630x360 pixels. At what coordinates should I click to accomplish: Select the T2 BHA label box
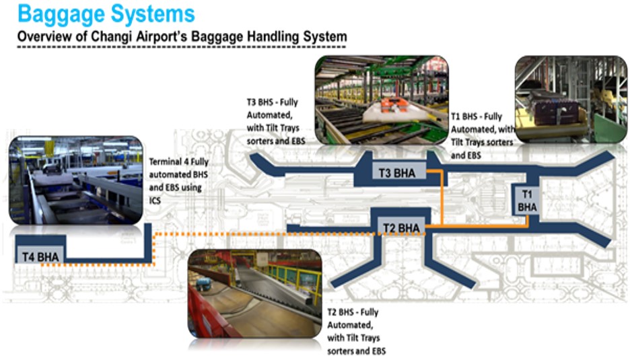point(400,227)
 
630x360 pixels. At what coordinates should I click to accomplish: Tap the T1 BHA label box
point(527,201)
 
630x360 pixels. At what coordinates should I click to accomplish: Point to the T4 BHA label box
point(40,255)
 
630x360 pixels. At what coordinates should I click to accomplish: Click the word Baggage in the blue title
point(61,13)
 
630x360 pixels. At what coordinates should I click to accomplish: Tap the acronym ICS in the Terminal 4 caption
point(155,200)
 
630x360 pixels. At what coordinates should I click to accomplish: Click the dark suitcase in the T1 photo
point(551,107)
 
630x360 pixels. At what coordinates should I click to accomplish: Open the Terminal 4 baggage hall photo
point(75,180)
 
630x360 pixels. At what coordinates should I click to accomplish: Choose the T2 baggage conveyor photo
point(254,293)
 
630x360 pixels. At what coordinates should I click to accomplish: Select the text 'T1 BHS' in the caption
point(465,116)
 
